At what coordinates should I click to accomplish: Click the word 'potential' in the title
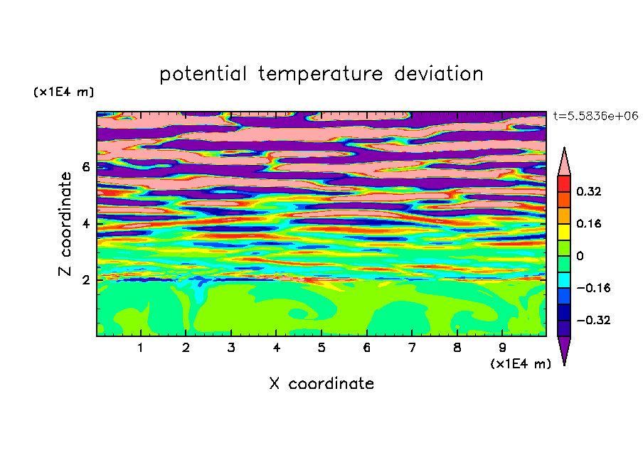tap(203, 74)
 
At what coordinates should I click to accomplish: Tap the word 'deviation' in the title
tap(439, 73)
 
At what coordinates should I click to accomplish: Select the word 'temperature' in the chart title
tap(321, 75)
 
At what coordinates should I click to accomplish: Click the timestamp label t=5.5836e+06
tap(596, 116)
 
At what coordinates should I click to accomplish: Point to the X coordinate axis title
tap(321, 383)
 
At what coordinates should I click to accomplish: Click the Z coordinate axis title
tap(65, 224)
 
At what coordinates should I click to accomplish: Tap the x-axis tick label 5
tap(321, 348)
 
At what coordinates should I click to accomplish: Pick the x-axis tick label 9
tap(502, 348)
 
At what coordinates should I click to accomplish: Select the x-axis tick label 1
tap(140, 348)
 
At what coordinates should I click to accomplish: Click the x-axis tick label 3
tap(231, 348)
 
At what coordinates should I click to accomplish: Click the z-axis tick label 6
tap(85, 167)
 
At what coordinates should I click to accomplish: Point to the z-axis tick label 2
tap(85, 280)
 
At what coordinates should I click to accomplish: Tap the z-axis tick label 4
tap(85, 223)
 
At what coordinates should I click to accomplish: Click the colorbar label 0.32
tap(588, 191)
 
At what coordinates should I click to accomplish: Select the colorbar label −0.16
tap(593, 288)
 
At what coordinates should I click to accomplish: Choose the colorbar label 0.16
tap(588, 223)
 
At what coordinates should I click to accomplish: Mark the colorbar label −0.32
tap(593, 320)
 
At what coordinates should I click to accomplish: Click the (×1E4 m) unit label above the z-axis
tap(63, 92)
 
